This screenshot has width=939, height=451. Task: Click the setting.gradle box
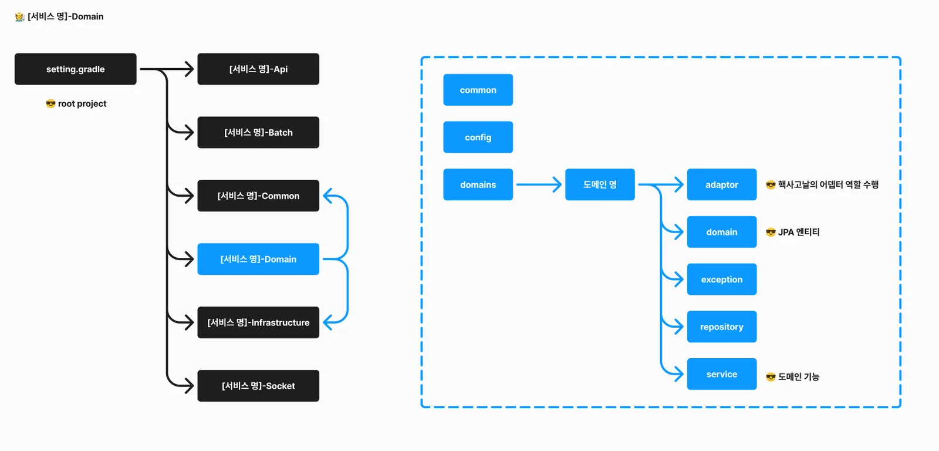click(76, 69)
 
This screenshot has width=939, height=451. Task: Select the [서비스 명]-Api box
click(258, 69)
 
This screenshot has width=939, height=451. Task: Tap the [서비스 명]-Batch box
click(258, 132)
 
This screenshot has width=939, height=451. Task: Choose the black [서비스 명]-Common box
click(258, 196)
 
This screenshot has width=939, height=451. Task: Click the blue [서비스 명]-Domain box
click(258, 259)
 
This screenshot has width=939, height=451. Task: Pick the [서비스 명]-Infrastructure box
click(258, 322)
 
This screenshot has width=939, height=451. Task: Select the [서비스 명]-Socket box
click(258, 386)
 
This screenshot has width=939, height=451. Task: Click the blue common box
click(478, 90)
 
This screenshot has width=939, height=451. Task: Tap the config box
click(478, 137)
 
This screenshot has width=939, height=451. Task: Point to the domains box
click(478, 184)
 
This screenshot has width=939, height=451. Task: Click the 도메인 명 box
click(600, 184)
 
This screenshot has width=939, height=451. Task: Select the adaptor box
click(722, 184)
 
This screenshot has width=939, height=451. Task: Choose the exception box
click(722, 280)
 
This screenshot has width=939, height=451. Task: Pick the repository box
click(722, 327)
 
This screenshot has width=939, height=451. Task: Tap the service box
click(722, 374)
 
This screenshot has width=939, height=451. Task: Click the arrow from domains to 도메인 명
click(539, 184)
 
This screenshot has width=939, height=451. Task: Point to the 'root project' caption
click(82, 103)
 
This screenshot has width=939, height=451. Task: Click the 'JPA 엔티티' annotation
click(799, 232)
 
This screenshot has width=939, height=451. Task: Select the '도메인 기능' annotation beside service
click(799, 377)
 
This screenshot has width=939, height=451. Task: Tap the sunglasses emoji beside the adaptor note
click(771, 184)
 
